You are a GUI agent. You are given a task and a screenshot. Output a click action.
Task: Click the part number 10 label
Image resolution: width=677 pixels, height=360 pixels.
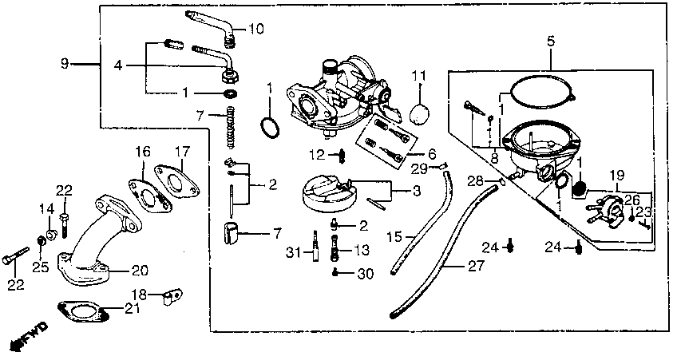[255, 29]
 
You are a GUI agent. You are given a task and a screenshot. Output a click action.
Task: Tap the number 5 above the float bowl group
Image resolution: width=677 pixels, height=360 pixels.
[551, 39]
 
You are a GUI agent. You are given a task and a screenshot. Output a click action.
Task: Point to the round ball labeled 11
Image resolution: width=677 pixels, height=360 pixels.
[420, 113]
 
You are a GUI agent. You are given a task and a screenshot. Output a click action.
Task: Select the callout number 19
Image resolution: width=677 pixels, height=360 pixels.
[616, 175]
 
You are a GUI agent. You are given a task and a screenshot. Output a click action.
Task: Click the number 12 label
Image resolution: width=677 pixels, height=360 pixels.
[316, 152]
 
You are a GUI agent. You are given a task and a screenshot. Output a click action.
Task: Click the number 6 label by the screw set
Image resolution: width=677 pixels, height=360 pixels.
[431, 153]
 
